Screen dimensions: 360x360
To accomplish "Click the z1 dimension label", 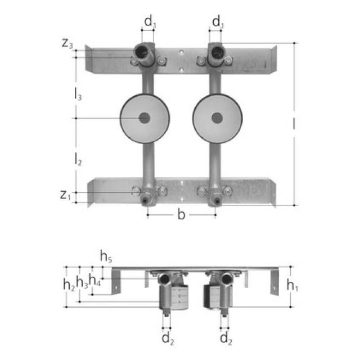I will coord(66,195).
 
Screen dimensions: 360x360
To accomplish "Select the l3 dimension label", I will coord(78,96).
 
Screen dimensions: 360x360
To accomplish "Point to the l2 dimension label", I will coord(78,160).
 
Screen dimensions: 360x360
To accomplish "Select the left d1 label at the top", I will coord(149,22).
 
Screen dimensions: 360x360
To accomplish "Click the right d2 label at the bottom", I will coord(226,339).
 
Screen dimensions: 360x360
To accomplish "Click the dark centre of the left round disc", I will coord(145,118).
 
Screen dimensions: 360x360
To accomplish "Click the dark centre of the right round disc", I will coord(217,118).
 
